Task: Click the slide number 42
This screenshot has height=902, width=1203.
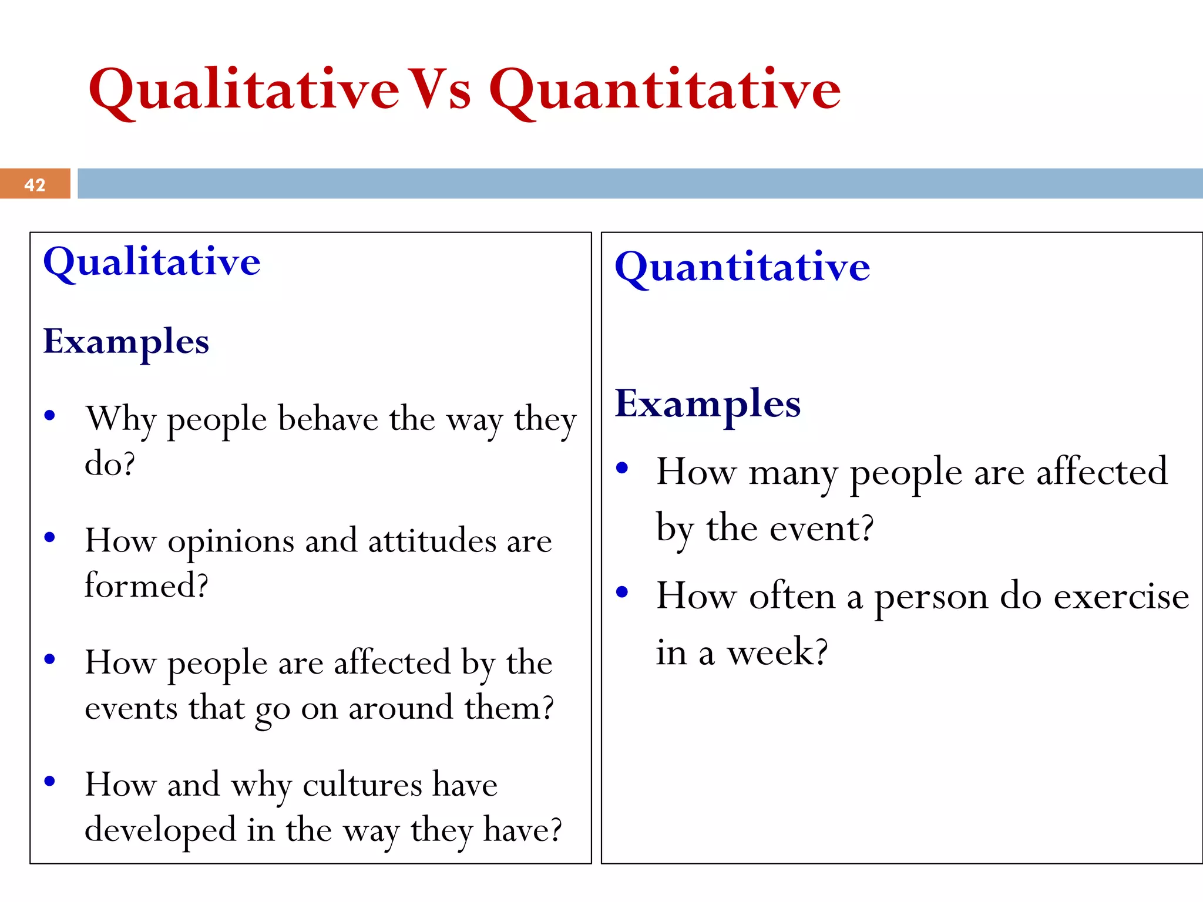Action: coord(35,185)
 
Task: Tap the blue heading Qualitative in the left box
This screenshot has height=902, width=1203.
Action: coord(152,262)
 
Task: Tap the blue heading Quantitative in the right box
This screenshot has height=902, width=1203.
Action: coord(742,268)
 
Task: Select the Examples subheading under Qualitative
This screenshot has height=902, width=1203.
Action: coord(126,342)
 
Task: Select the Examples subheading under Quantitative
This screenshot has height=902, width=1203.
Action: coord(707,405)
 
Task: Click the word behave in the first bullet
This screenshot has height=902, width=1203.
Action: coord(328,419)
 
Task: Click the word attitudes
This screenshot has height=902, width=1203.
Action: coord(432,541)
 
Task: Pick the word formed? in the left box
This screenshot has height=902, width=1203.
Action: coord(146,585)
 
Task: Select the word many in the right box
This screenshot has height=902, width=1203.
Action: coord(793,473)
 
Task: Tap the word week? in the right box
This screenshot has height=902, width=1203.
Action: coord(777,652)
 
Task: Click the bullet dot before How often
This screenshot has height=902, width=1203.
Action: coord(622,592)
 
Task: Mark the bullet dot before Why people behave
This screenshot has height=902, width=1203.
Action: coord(50,416)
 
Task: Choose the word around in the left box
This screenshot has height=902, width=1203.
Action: coord(401,708)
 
